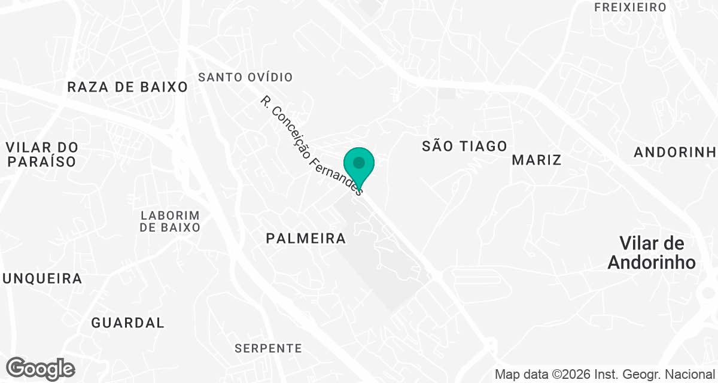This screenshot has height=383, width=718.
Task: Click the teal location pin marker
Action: [359, 168]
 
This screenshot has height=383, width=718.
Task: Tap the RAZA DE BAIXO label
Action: [127, 87]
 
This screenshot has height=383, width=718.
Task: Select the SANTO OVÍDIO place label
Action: [245, 77]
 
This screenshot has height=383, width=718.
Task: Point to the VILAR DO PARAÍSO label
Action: [42, 154]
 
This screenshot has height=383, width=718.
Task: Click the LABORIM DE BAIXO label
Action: [169, 221]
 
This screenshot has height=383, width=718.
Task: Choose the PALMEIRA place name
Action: [306, 238]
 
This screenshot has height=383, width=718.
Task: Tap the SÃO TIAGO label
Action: [464, 146]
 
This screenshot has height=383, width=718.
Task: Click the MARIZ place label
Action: [537, 160]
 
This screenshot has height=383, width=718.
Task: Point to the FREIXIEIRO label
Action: [629, 7]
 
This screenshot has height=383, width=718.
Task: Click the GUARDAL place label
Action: [127, 323]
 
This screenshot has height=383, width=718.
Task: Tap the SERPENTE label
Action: [268, 348]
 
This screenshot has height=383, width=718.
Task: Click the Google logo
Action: [40, 369]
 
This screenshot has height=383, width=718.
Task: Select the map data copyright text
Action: [605, 374]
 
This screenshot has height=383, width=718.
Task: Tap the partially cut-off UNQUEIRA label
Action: [42, 278]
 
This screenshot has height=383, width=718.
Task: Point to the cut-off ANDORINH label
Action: [675, 152]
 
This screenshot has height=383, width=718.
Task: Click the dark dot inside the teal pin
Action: [359, 162]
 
